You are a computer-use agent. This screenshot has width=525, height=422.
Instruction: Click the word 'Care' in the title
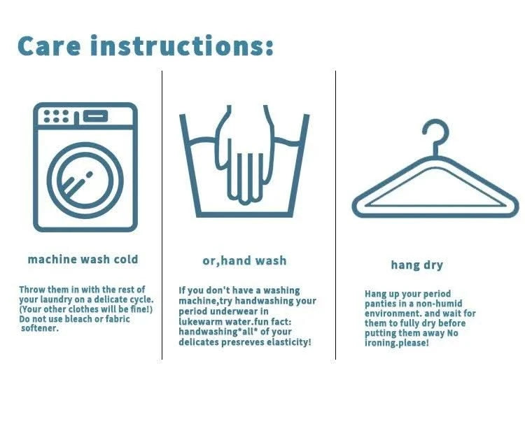49,46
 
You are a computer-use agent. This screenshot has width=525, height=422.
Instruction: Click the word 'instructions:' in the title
182,45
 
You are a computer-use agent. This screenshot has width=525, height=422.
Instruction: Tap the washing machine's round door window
85,181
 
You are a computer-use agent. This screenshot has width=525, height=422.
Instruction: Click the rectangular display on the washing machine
95,116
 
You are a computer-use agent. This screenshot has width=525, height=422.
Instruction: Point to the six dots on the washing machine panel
56,116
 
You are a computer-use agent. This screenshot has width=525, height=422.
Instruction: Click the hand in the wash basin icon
245,155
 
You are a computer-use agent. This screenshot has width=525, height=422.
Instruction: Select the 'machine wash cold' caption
83,260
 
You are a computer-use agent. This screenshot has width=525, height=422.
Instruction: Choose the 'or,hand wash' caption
244,261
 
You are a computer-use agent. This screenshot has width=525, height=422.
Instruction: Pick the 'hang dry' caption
417,265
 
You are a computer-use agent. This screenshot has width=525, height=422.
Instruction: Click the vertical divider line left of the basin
162,215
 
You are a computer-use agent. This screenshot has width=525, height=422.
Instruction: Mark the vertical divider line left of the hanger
335,215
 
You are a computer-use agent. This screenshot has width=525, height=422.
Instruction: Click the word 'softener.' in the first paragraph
39,328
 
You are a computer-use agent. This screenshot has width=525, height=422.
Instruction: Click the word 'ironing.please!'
396,343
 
